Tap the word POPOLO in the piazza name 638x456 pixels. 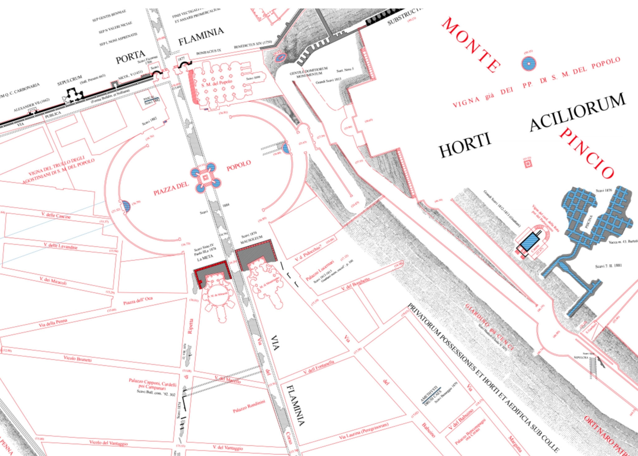(239, 166)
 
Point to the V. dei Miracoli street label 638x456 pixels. (53, 281)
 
